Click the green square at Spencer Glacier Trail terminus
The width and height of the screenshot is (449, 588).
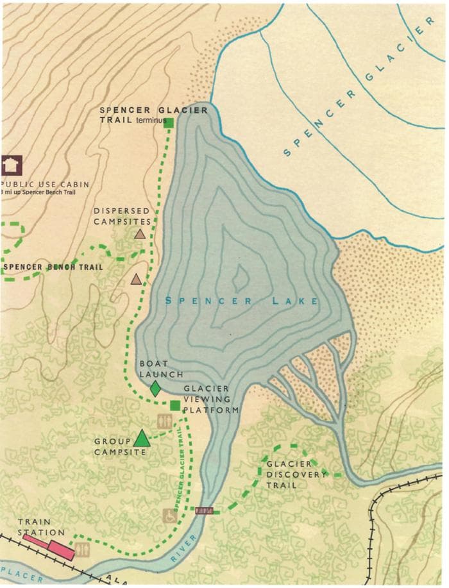coord(170,122)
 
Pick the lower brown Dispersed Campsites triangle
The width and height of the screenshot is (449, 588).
coord(136,279)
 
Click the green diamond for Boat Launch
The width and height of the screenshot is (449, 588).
coord(155,388)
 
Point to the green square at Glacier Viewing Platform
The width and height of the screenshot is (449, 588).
coord(174,405)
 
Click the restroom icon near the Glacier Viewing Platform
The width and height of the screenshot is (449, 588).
coord(164,421)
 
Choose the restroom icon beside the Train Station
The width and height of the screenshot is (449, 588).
coord(81,550)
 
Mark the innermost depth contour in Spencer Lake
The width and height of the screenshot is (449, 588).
coord(241,277)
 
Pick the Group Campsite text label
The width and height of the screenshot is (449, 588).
coord(113,446)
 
